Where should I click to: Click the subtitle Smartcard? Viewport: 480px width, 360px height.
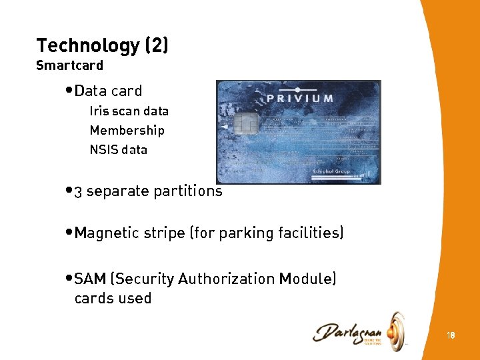tap(69, 66)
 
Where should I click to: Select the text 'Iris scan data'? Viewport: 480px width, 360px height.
tap(129, 111)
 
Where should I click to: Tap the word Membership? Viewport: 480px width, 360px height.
tap(127, 131)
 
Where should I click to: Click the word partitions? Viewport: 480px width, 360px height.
tap(187, 191)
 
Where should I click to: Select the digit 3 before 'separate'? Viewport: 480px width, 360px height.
tap(79, 192)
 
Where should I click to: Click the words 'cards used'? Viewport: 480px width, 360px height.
tap(113, 299)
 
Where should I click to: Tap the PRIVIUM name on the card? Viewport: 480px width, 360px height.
tap(300, 98)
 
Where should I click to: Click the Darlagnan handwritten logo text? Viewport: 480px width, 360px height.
tap(347, 331)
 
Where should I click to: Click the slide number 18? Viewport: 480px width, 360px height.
tap(451, 335)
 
